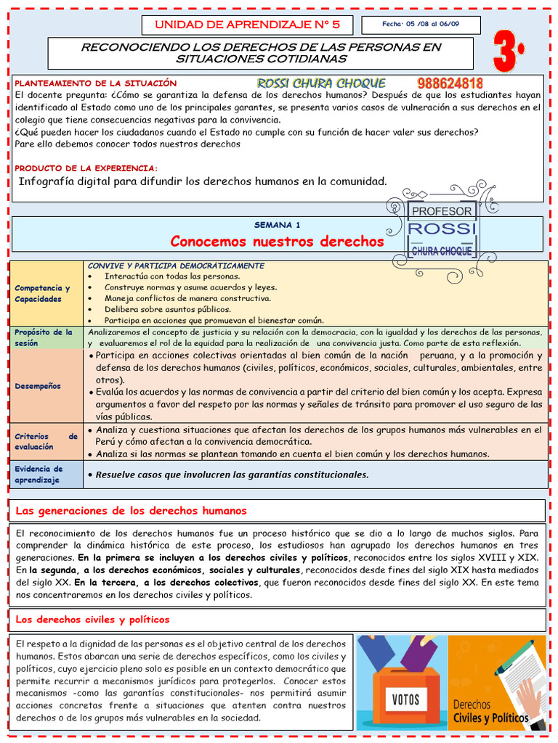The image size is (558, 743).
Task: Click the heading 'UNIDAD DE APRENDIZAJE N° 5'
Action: coord(246,25)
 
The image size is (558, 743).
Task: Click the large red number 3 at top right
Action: coord(509,52)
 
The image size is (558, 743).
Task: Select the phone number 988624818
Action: coord(450,84)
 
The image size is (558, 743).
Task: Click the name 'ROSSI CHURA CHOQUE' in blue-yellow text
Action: coord(321,83)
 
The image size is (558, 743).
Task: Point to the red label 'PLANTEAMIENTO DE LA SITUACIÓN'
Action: coord(96,83)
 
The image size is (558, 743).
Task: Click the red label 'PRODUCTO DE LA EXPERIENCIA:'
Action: coord(86,168)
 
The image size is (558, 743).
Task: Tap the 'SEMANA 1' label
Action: coord(276,225)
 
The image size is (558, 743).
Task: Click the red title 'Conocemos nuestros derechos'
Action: coord(276,241)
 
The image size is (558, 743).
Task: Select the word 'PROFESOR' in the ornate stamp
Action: coord(442,211)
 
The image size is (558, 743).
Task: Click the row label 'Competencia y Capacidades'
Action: coord(42,293)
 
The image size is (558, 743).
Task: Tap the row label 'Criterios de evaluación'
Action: coord(46,442)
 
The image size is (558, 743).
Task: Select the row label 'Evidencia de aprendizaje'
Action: coord(39,474)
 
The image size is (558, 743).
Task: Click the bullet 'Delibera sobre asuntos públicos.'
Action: coord(157,308)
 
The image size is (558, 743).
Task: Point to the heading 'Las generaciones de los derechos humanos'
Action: coord(132,511)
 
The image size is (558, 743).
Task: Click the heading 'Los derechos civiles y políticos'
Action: coord(92,620)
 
